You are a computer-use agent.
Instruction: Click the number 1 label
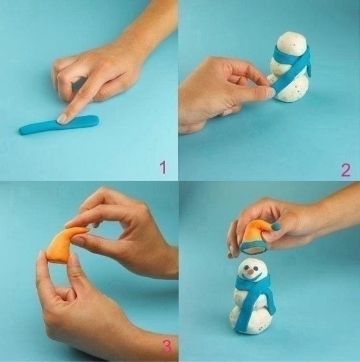[x=163, y=167]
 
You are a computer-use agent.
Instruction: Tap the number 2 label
[x=346, y=170]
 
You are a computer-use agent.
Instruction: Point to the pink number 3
[x=168, y=346]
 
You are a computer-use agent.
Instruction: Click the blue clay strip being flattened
[x=59, y=125]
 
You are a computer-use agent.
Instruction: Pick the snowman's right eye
[x=256, y=268]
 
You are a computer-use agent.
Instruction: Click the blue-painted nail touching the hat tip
[x=276, y=227]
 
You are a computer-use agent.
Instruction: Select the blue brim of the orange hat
[x=254, y=248]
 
